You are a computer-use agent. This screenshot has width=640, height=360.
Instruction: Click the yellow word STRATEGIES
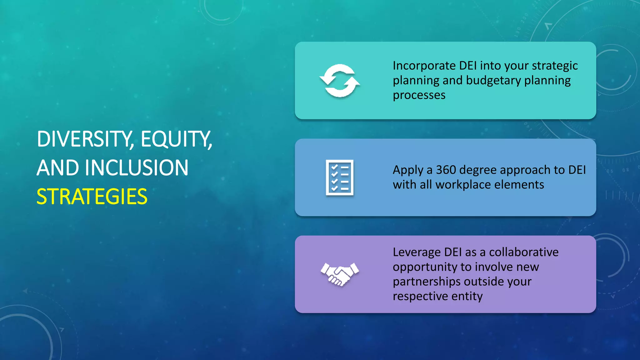click(x=92, y=197)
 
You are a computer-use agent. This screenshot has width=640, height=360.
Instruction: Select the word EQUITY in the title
click(x=176, y=139)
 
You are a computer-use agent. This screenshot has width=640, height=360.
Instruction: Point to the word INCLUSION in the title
click(x=137, y=168)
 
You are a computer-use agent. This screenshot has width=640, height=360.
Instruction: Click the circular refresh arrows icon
click(x=340, y=81)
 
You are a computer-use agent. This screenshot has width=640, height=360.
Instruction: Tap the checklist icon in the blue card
click(x=340, y=177)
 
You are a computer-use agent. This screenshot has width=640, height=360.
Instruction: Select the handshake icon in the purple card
click(x=340, y=274)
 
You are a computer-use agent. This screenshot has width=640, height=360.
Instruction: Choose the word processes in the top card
click(x=419, y=95)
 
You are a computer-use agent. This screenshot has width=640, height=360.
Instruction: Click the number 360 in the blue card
click(x=446, y=170)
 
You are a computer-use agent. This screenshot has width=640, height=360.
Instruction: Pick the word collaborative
click(x=523, y=252)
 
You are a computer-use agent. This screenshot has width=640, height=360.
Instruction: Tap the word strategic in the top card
click(x=555, y=66)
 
